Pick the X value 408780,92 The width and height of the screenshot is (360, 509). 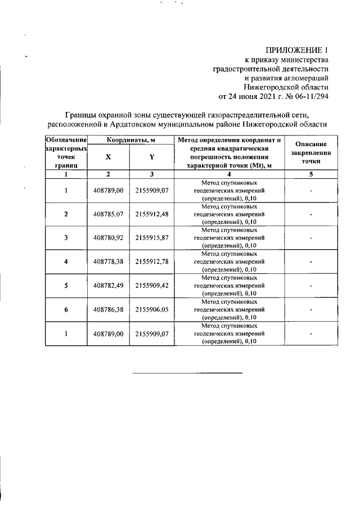[108, 238]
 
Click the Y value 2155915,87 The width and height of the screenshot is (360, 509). [152, 238]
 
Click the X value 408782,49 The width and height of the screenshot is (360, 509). [108, 286]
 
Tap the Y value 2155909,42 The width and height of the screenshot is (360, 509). [152, 286]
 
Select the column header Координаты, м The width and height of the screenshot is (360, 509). [130, 139]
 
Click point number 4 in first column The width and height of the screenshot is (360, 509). [66, 262]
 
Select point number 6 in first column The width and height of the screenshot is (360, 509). [66, 309]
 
